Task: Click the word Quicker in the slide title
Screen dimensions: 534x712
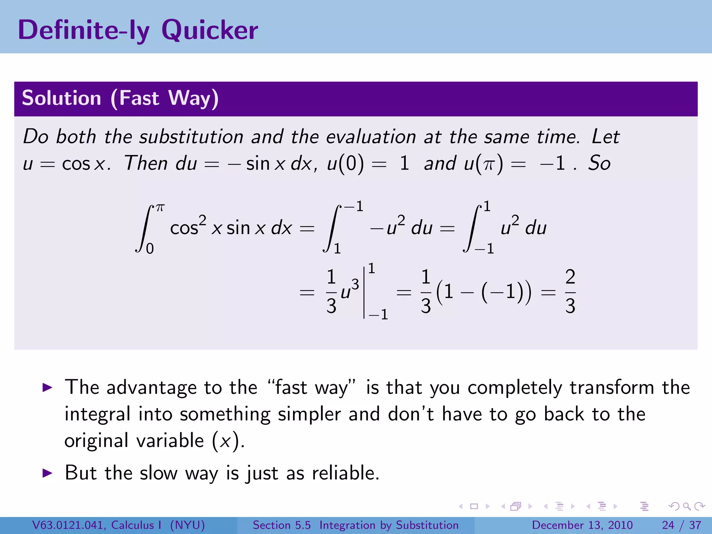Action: click(210, 31)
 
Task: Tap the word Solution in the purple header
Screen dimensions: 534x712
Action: click(62, 98)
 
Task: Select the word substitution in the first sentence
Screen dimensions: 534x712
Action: click(191, 137)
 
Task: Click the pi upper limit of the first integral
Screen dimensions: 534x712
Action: click(160, 208)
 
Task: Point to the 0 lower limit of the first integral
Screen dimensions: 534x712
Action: click(150, 249)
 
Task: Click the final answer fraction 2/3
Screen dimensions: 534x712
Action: click(570, 291)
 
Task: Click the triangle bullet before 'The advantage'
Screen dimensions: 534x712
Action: click(47, 387)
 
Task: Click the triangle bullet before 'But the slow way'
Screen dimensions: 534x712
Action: click(47, 473)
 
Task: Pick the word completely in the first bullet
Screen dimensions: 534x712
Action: click(515, 387)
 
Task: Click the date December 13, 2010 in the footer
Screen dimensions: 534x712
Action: click(582, 525)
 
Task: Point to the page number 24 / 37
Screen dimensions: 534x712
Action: click(681, 525)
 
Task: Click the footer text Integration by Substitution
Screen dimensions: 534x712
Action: click(389, 525)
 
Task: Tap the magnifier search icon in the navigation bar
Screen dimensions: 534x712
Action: click(687, 506)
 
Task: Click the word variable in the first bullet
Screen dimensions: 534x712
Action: click(170, 441)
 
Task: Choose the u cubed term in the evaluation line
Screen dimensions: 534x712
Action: click(350, 291)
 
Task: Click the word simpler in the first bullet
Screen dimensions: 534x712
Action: click(309, 414)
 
